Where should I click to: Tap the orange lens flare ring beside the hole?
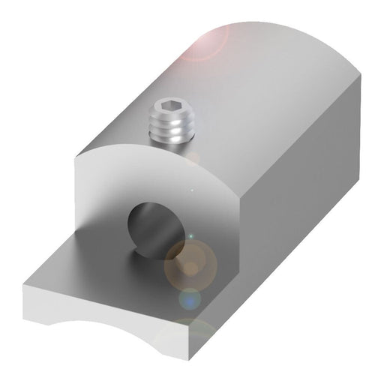[190, 262]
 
